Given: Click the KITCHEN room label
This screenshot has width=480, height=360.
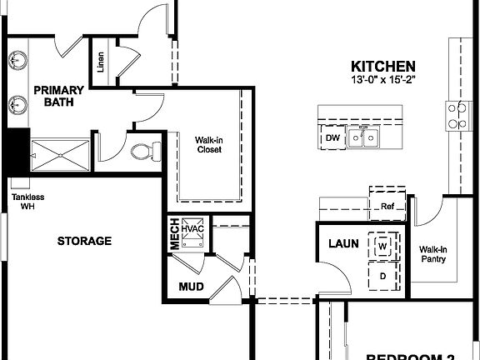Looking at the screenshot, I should (382, 66).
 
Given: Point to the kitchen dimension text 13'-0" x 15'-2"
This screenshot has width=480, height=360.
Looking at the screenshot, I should (382, 80).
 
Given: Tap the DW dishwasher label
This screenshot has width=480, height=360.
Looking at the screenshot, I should (332, 138).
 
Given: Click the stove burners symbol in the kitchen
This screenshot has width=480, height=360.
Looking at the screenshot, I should (457, 115).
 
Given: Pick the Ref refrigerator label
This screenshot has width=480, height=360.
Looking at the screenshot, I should (387, 207).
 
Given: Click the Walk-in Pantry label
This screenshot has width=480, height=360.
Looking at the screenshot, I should (432, 254).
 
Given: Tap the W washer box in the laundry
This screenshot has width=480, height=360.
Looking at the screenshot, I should (382, 247).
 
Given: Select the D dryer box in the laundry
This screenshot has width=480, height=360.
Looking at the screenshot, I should (382, 274).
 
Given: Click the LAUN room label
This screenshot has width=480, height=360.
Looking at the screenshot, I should (342, 244).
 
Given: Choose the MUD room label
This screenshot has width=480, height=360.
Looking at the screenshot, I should (191, 287).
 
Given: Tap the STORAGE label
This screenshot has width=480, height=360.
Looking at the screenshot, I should (84, 241).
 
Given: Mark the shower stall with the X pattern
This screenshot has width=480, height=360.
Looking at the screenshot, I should (59, 155).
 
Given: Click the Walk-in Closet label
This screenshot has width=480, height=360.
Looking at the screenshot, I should (208, 145).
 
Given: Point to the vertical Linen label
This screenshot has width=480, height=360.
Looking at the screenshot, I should (101, 62).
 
